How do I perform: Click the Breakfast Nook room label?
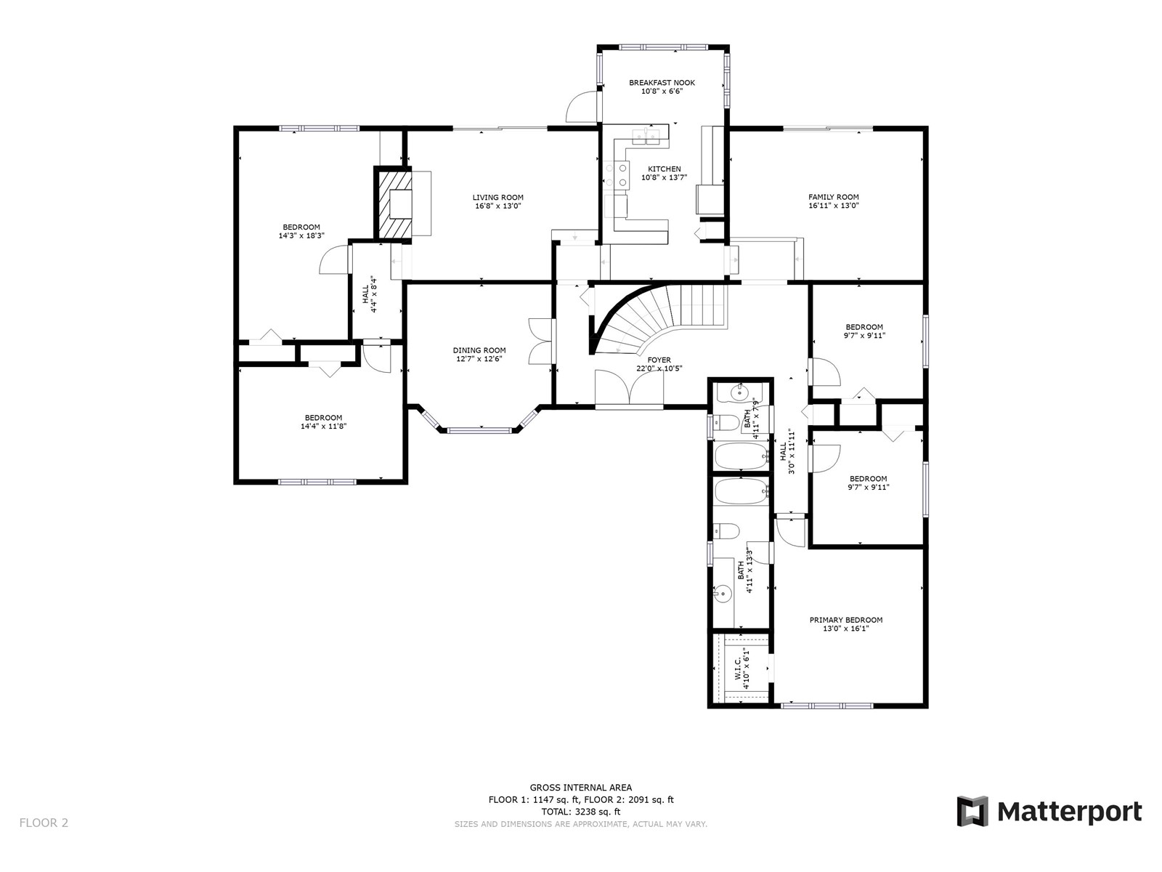[662, 83]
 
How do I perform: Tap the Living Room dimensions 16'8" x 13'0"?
[497, 206]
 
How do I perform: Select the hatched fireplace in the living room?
[394, 204]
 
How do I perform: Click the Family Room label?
[833, 197]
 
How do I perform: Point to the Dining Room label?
[479, 350]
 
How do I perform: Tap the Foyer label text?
[659, 360]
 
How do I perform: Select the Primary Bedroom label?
[846, 620]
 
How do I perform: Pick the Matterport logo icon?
[972, 810]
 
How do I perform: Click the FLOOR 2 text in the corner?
[44, 823]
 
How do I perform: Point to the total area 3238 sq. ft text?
[581, 812]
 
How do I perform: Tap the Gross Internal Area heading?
[581, 787]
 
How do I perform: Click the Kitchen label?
[665, 169]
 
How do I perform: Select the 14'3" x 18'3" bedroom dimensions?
[301, 235]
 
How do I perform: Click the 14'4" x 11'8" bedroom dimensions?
[323, 427]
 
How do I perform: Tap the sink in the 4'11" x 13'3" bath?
[721, 594]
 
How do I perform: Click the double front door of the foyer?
[629, 389]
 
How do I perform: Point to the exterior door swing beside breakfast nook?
[582, 106]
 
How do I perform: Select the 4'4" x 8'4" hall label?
[370, 294]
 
